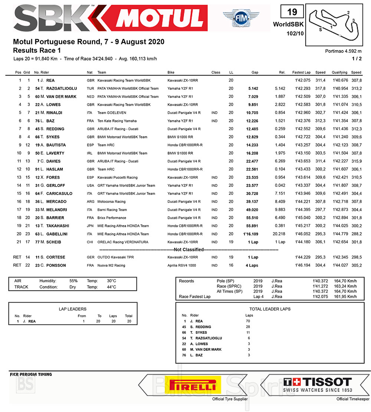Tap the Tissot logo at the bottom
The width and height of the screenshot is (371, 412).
pyautogui.click(x=317, y=385)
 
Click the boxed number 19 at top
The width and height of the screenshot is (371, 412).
pyautogui.click(x=292, y=12)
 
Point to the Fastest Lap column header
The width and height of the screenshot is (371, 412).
pyautogui.click(x=301, y=73)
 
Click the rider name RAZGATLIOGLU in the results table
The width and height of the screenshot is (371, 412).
pyautogui.click(x=62, y=89)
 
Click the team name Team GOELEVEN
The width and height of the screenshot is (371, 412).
pyautogui.click(x=112, y=113)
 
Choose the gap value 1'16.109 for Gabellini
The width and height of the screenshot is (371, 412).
pyautogui.click(x=251, y=234)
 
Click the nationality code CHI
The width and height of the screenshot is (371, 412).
pyautogui.click(x=90, y=242)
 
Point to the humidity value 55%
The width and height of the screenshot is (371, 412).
pyautogui.click(x=73, y=281)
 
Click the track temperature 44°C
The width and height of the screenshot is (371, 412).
pyautogui.click(x=112, y=287)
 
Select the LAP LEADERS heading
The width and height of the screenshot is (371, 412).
pyautogui.click(x=73, y=309)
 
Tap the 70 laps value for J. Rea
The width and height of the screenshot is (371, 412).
pyautogui.click(x=248, y=321)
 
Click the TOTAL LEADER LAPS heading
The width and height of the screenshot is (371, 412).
pyautogui.click(x=270, y=309)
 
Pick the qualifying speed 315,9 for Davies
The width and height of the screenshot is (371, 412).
pyautogui.click(x=356, y=161)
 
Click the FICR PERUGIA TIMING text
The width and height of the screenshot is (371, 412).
pyautogui.click(x=31, y=375)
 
